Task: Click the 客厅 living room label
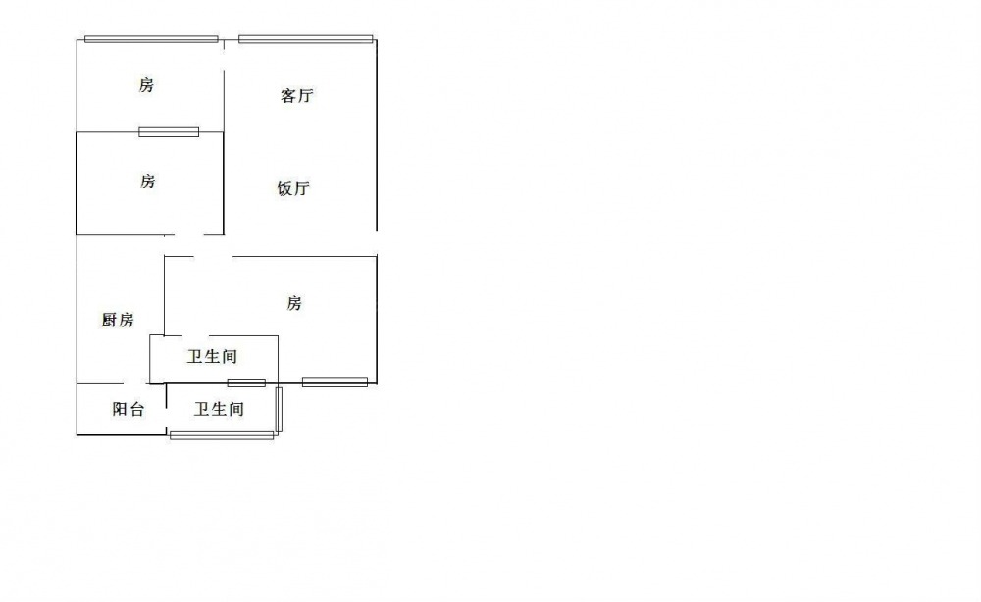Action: point(296,96)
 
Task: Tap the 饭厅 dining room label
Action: point(293,188)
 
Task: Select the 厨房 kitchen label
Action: point(118,320)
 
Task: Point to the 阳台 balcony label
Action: point(129,409)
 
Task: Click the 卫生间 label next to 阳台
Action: point(219,410)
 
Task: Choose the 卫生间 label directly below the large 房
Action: point(212,356)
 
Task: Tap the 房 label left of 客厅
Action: point(146,85)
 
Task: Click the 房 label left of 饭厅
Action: point(148,181)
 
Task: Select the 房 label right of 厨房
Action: point(294,303)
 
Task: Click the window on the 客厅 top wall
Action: point(306,39)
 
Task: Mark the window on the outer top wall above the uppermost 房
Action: point(151,39)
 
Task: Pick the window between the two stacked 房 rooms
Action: point(169,132)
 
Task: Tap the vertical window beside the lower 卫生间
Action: point(279,410)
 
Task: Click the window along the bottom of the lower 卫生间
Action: point(222,435)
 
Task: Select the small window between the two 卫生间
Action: point(246,383)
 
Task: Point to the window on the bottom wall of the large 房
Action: point(335,382)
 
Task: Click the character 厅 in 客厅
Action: point(305,96)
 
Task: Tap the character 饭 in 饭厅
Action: point(284,188)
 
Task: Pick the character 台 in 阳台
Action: point(137,409)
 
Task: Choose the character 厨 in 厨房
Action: point(109,320)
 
